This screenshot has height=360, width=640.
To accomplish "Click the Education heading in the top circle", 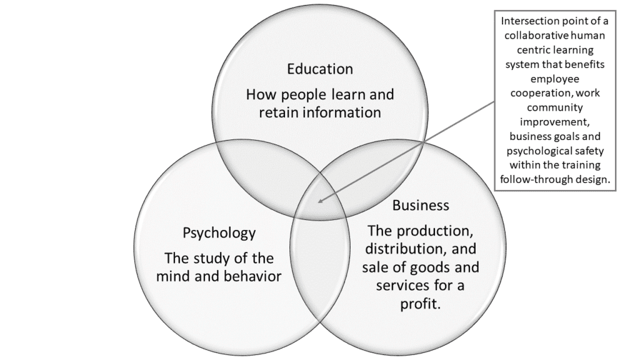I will tap(320, 69).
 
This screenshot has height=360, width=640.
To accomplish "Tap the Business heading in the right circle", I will tap(421, 205).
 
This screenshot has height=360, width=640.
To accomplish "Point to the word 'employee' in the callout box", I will tap(555, 80).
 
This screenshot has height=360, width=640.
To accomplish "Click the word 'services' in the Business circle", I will tap(395, 286).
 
